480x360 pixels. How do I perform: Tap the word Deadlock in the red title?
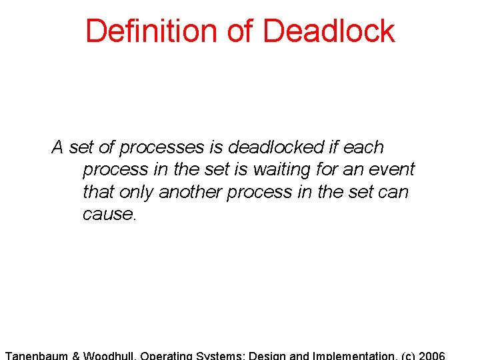coord(329,31)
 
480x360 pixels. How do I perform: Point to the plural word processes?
coord(161,147)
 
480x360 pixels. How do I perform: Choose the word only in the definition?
coord(137,192)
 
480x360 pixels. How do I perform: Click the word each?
coord(363,147)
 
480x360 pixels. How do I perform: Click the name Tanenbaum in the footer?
coord(36,355)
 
